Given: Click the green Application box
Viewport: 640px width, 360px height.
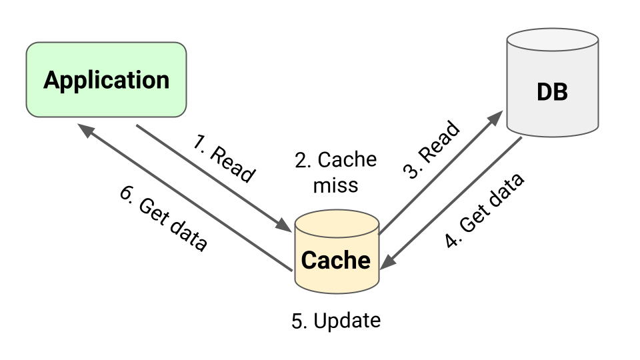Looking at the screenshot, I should (x=106, y=80).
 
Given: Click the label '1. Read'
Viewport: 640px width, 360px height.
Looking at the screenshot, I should (x=224, y=159).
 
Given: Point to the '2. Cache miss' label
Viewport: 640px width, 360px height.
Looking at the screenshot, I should (x=335, y=171).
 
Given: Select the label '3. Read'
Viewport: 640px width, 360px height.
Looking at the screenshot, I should (x=431, y=150).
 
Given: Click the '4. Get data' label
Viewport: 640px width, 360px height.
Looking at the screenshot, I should (x=485, y=210).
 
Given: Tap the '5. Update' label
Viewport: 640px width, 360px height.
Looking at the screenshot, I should (x=336, y=321).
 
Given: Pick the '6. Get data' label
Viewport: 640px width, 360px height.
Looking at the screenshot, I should (x=163, y=217).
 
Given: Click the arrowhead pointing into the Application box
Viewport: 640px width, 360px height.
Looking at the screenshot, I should (x=85, y=129).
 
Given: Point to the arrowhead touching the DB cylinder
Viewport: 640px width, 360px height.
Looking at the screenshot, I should (x=495, y=118).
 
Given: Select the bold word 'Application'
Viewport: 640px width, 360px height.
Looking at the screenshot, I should (x=106, y=80).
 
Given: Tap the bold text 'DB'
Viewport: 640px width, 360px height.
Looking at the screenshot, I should (x=552, y=92).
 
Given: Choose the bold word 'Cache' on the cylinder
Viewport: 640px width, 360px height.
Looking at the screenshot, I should (x=336, y=260).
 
